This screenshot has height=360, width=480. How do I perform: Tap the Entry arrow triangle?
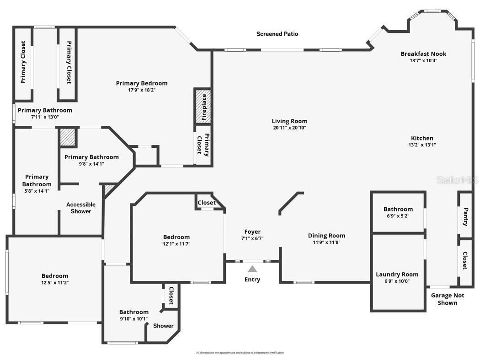(x=252, y=269)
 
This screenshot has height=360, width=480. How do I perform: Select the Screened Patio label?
(x=277, y=34)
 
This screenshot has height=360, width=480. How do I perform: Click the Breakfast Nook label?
(x=423, y=54)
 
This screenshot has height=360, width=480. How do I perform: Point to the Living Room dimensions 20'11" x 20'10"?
(x=289, y=128)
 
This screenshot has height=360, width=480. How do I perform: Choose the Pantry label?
(x=465, y=217)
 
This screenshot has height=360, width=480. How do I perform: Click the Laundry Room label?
(x=397, y=274)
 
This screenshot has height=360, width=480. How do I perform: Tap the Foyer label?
(x=252, y=232)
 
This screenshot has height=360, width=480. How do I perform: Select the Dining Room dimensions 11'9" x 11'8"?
(x=326, y=242)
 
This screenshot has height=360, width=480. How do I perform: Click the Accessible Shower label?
(x=81, y=208)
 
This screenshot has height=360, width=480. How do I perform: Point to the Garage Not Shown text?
(x=448, y=299)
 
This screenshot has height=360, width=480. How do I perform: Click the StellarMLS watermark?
(x=457, y=180)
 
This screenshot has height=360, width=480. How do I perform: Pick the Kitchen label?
(x=422, y=138)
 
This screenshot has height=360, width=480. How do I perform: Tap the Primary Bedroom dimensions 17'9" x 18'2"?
(x=142, y=90)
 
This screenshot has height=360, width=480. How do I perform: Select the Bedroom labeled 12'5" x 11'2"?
(x=55, y=276)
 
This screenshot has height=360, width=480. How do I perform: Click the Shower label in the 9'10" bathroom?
(x=163, y=326)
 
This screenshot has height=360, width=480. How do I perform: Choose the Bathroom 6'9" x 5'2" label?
(x=398, y=210)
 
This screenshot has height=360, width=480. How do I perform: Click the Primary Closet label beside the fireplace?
(x=203, y=145)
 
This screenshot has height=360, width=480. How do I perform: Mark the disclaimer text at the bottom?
(x=240, y=353)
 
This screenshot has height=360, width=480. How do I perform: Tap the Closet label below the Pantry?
(x=465, y=260)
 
